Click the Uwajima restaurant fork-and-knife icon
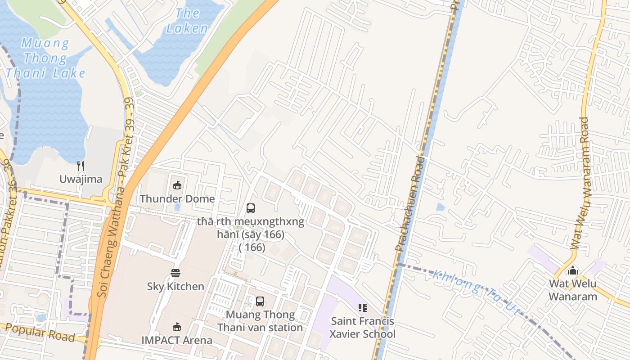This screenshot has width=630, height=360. pos(81,166)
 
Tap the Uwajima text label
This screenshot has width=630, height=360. pos(81,179)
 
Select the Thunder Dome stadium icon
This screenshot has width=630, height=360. pos(177,185)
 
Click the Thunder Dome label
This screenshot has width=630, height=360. pos(177,198)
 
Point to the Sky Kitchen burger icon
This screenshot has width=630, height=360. pos(175,273)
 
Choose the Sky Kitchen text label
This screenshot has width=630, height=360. pos(175,286)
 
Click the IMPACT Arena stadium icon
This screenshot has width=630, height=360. pos(177,327)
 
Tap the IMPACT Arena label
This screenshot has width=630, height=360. pos(177,340)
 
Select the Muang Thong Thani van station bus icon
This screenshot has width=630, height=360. pos(260,301)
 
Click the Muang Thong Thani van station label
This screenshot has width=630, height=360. pos(260,321)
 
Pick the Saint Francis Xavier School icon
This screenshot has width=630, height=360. pos(362,308)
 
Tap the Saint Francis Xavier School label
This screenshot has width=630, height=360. pos(362,328)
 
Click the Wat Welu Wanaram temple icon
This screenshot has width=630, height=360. pos(573,270)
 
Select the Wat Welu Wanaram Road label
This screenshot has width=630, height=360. pos(580,183)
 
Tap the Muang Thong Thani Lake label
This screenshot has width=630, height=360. pos(45,58)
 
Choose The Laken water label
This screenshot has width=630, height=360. pos(187,21)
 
